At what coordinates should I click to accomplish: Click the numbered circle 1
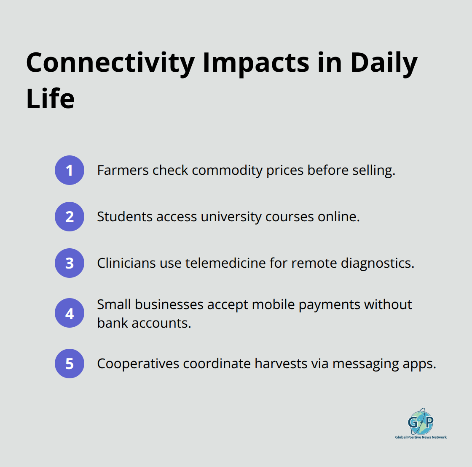(x=70, y=170)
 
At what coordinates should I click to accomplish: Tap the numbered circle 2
(x=70, y=217)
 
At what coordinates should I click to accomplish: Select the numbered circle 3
(x=70, y=263)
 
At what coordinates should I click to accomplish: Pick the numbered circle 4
(x=70, y=313)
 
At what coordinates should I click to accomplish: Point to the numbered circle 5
(x=70, y=364)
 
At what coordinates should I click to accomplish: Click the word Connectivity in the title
(x=110, y=63)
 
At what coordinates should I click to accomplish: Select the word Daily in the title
(x=383, y=63)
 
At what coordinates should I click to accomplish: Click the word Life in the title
(x=50, y=99)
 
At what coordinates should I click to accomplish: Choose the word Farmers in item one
(x=123, y=170)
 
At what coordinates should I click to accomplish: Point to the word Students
(x=125, y=217)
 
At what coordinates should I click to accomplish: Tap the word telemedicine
(x=225, y=263)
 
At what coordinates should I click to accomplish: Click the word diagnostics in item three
(x=377, y=263)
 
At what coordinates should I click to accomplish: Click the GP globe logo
(x=421, y=422)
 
